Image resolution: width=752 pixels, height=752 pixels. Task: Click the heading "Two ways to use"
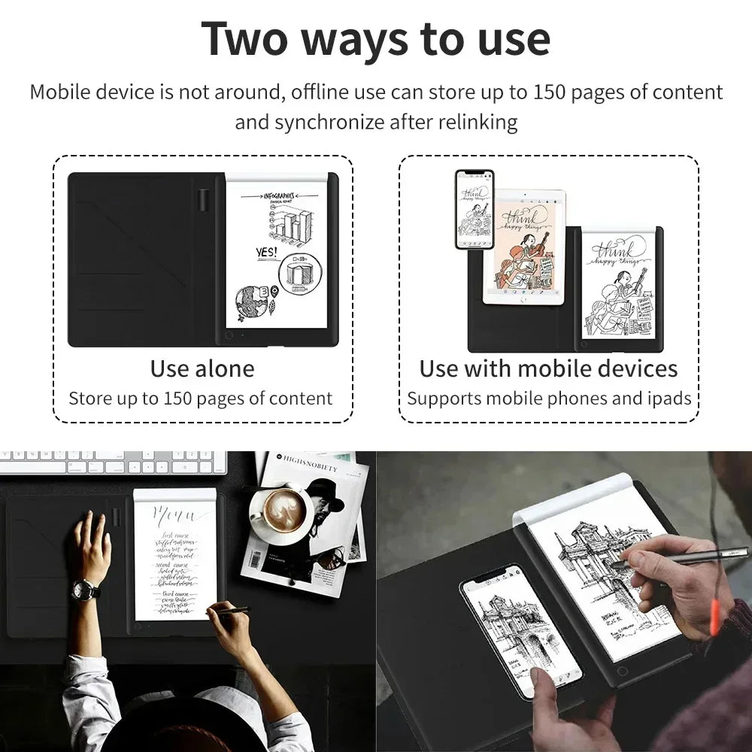pos(375,38)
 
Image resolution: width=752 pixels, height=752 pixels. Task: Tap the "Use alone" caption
pos(202,368)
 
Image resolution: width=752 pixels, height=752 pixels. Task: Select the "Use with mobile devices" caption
pos(548,368)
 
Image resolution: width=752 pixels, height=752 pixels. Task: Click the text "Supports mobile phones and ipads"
pos(549,399)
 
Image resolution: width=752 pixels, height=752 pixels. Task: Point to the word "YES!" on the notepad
pos(266,253)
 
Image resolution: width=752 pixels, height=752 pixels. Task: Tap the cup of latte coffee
pos(284,512)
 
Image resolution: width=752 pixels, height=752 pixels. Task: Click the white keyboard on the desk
pos(113,462)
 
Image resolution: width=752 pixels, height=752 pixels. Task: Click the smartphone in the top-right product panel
pos(474,209)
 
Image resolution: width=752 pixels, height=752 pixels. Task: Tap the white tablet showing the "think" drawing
pos(523,247)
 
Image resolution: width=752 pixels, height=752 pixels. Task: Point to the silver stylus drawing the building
pos(662,556)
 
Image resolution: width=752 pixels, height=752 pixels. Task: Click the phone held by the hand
pos(518,628)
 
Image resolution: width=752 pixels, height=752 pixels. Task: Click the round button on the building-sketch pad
pos(621,670)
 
